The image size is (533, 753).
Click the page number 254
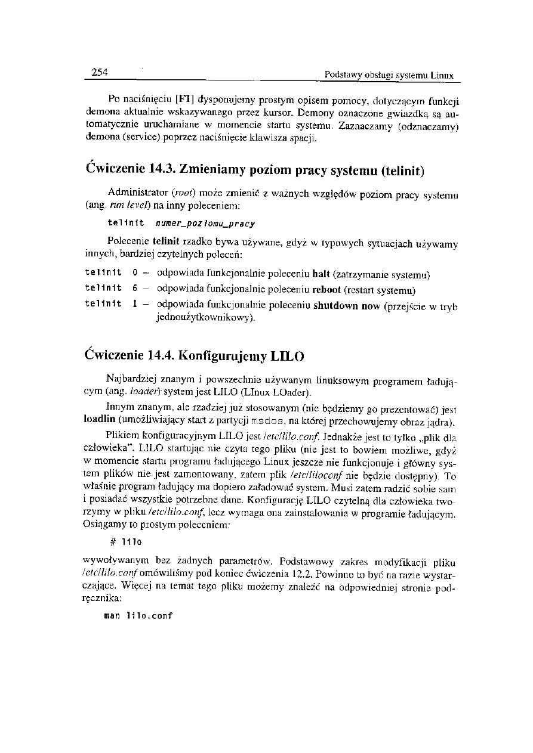(98, 73)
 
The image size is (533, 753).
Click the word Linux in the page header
(442, 76)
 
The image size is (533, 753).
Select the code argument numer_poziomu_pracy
(205, 224)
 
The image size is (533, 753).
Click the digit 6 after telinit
(135, 290)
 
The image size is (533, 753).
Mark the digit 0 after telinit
(135, 274)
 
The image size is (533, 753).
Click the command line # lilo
(126, 542)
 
